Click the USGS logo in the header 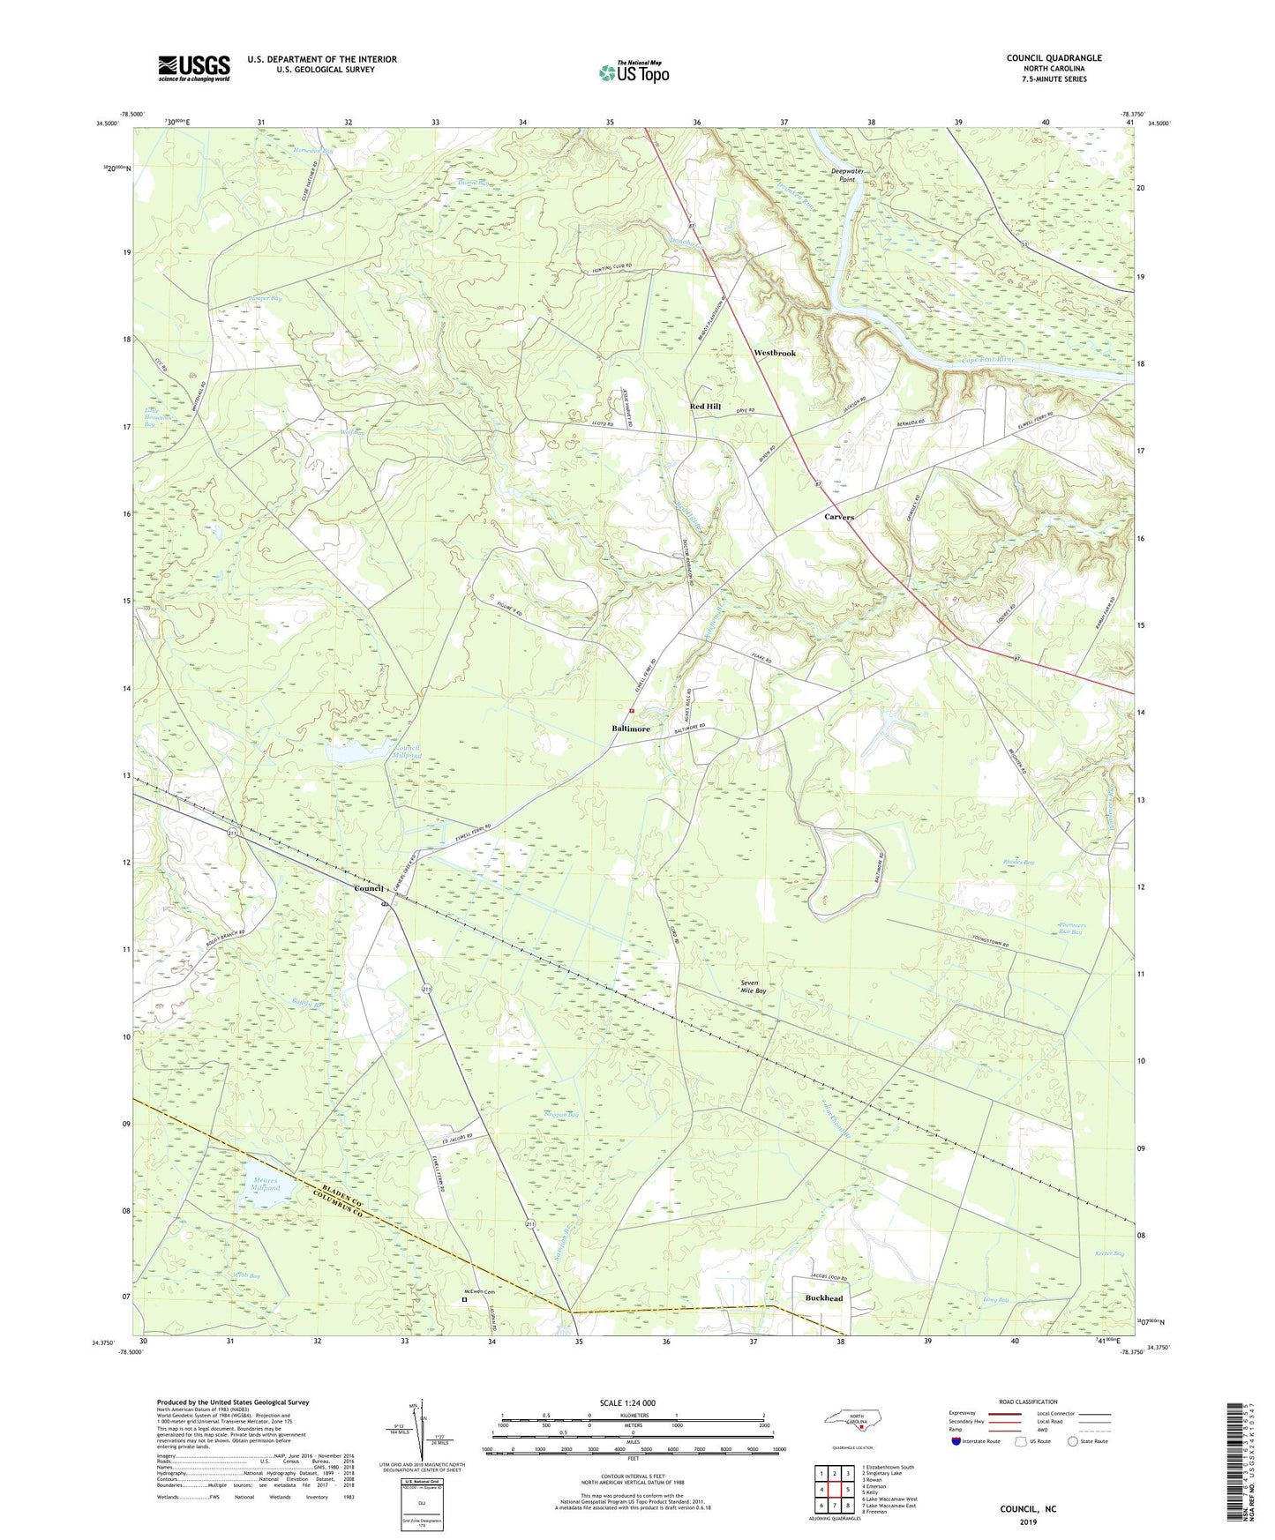[194, 68]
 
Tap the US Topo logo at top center [633, 72]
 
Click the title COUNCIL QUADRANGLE [1054, 58]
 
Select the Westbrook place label [774, 353]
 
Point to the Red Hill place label [705, 407]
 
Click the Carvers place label [838, 517]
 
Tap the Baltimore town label [631, 729]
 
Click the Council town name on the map [368, 888]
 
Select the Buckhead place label [823, 1298]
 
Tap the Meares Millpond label [264, 1184]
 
